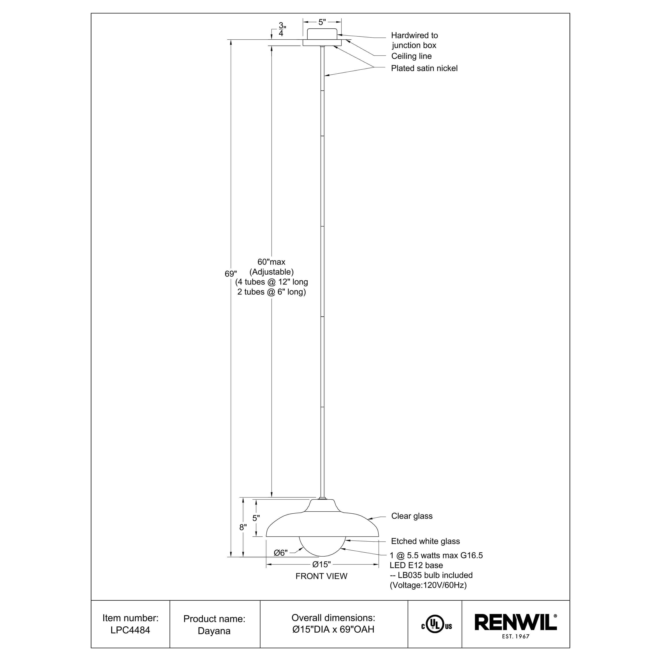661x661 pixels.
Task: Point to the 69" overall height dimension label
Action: click(x=231, y=274)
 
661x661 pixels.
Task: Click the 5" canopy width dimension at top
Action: click(x=322, y=22)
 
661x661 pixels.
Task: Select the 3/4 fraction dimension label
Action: click(x=281, y=30)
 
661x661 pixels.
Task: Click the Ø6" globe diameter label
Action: click(x=280, y=553)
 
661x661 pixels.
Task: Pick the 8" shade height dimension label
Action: click(x=243, y=527)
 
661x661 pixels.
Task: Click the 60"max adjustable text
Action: click(x=271, y=262)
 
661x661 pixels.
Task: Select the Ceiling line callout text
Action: click(x=411, y=56)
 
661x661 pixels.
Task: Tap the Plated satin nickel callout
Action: click(x=424, y=69)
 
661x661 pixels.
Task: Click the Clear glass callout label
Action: click(x=412, y=516)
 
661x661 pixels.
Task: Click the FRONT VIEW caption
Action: click(x=321, y=576)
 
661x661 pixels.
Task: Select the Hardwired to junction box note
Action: click(x=414, y=40)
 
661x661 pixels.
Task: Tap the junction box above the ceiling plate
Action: click(x=322, y=34)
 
